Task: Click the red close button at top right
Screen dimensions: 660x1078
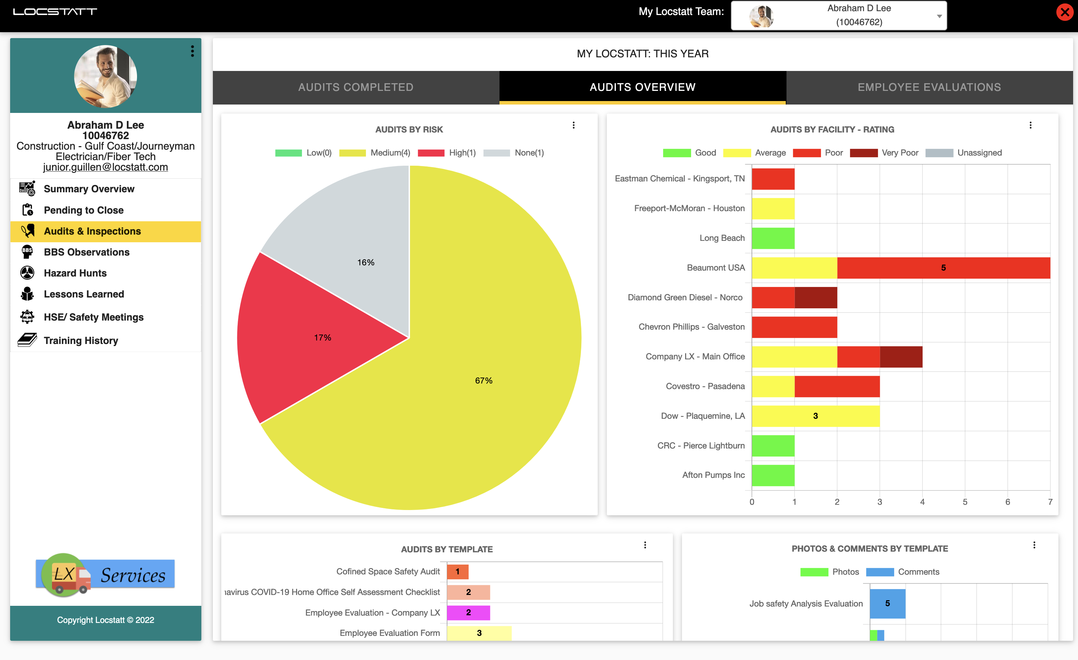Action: [1065, 12]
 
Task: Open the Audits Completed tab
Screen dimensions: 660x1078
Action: [356, 87]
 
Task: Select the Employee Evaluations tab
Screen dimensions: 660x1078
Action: [929, 87]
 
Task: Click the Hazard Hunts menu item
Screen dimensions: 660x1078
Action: [75, 273]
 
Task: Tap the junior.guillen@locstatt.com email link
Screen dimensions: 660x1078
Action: [106, 167]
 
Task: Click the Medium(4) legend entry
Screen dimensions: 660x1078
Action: [375, 153]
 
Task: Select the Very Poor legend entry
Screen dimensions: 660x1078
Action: [884, 153]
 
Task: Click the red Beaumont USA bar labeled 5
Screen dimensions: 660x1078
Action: [943, 268]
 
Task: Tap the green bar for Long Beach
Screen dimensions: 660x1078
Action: [773, 238]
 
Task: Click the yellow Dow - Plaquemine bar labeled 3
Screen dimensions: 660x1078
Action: [815, 416]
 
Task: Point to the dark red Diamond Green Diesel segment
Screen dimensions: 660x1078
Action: [816, 297]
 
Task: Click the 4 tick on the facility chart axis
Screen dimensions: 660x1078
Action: [922, 502]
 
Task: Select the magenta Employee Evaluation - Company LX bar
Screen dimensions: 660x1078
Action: [468, 613]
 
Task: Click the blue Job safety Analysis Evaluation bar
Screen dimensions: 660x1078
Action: [887, 603]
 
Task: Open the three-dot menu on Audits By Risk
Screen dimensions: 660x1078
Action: [574, 125]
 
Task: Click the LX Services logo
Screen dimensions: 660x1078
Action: [106, 575]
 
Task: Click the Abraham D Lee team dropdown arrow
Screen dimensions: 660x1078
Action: [939, 16]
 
